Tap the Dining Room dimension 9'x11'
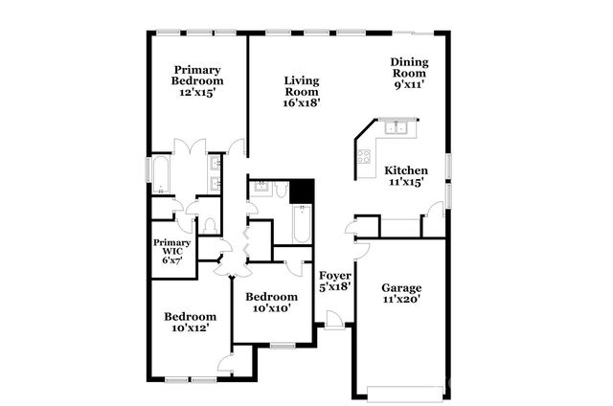[408, 84]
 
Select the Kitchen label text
[406, 170]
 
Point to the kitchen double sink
[395, 127]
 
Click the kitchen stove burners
[365, 157]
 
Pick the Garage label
[401, 287]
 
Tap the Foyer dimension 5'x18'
[335, 285]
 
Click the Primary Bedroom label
[197, 76]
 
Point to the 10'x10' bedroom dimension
[269, 308]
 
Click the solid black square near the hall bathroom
[303, 192]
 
